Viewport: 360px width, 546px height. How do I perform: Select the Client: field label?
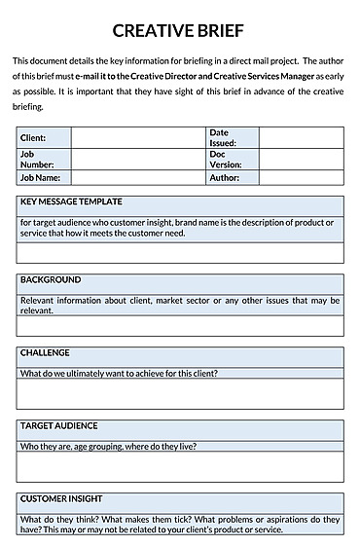point(33,138)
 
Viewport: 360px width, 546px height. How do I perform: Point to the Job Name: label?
point(41,178)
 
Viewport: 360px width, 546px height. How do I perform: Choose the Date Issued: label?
point(222,137)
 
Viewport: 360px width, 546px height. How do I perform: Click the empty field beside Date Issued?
point(301,137)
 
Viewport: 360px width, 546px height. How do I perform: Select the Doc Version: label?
point(225,159)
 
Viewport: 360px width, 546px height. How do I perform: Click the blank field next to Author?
point(301,178)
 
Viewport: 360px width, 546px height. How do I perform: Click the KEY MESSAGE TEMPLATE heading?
point(71,201)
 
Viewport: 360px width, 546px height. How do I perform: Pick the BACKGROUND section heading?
point(51,279)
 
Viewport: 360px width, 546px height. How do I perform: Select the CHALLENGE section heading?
point(46,352)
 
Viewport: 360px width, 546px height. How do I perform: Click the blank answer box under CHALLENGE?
point(179,393)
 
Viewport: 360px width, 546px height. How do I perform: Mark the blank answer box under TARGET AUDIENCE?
point(179,466)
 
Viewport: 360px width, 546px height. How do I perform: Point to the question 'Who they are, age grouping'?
point(108,447)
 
